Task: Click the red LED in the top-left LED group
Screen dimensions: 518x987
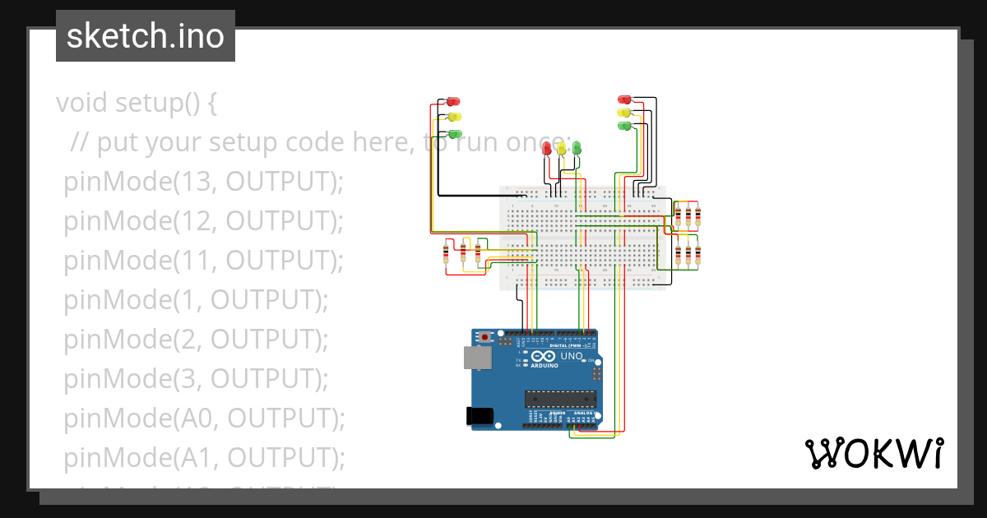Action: pos(452,102)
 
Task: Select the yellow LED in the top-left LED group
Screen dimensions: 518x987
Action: pos(454,118)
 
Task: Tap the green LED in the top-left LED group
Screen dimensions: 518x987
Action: pos(454,133)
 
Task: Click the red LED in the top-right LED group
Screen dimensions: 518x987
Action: pos(623,99)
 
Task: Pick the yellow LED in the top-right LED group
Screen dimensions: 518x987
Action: pos(623,112)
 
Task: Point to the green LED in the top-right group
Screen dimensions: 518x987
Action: pos(623,126)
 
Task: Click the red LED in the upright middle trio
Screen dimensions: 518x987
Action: pos(547,148)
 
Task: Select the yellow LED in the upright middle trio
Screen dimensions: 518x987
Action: pos(562,148)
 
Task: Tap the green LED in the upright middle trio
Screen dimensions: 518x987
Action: pos(577,147)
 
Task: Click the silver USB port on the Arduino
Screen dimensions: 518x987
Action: pos(475,357)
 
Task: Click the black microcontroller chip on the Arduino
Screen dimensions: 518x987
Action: pos(560,400)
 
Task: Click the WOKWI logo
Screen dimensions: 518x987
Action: pos(873,453)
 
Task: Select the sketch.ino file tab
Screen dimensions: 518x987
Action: pos(146,36)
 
